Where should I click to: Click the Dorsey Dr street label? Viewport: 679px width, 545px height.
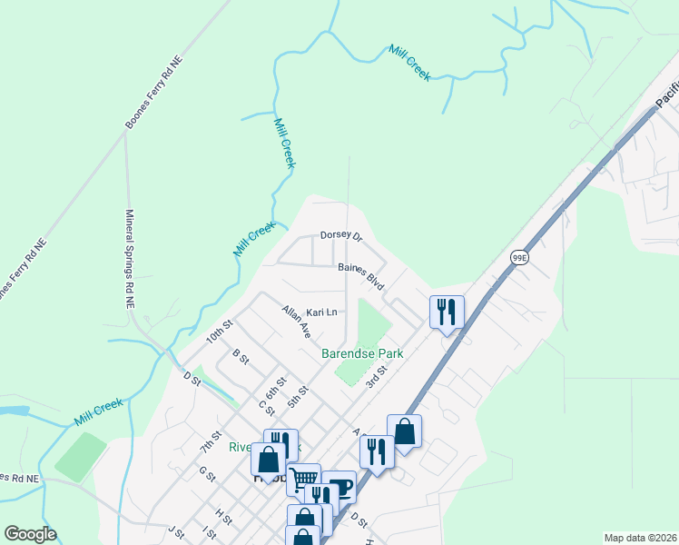341,236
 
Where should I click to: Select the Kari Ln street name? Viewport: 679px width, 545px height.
321,312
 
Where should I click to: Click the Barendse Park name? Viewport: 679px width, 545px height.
361,352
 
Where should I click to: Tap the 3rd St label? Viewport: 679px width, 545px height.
376,374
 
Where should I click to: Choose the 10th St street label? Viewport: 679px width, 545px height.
220,332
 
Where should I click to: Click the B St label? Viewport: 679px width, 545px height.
241,356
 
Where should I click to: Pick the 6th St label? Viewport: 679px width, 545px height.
276,387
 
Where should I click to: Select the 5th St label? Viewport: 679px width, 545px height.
298,396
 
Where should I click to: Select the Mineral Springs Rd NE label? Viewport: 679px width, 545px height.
128,258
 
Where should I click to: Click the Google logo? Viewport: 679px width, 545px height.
30,534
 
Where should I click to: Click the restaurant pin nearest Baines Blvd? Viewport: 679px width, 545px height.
447,312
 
